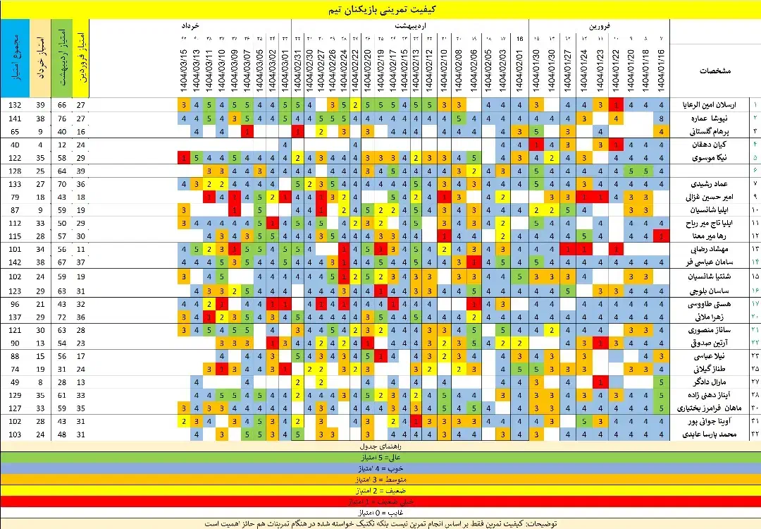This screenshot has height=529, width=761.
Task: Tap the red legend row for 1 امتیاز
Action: pos(380,501)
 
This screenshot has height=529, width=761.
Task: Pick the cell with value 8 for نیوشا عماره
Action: pos(662,118)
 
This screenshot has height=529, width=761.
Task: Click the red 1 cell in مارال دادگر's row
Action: pos(600,382)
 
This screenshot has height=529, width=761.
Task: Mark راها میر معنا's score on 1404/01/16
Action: pos(662,236)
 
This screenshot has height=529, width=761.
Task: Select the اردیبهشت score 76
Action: pos(62,118)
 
